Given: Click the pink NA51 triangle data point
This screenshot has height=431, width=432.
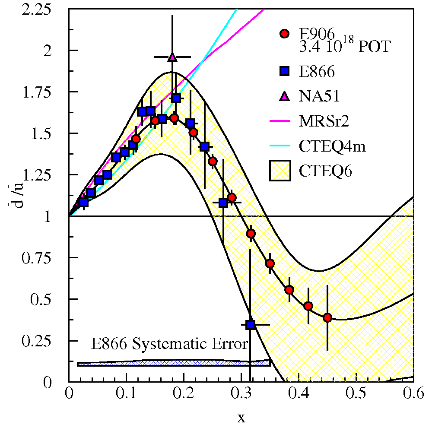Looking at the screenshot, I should coord(172,57).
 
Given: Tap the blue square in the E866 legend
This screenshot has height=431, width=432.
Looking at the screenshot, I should coord(284,72).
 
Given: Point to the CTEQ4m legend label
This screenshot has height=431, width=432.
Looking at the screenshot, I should coord(332,146).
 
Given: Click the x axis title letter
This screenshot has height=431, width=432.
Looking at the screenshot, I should coord(241,417).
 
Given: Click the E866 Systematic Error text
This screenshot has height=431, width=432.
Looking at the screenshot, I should coord(169,344).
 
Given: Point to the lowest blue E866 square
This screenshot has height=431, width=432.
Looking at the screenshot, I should coord(251,325).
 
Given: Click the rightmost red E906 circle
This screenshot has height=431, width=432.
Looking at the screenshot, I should coord(327,318).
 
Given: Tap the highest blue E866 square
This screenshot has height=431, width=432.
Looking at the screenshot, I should coord(176,98).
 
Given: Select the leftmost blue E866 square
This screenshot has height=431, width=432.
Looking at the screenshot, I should coord(84,202).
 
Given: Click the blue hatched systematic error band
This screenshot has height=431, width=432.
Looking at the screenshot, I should coord(173,363).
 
